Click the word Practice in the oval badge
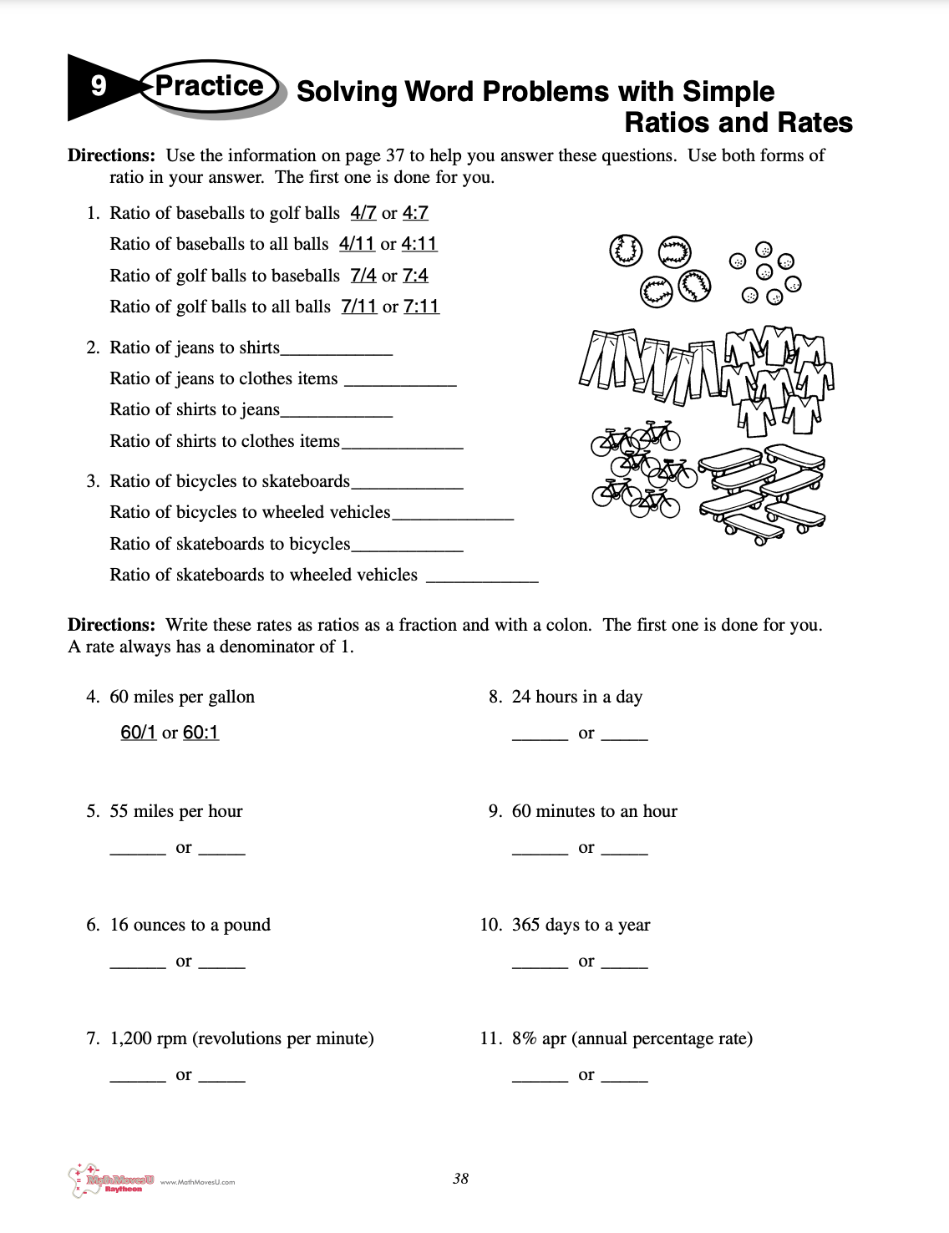(x=209, y=86)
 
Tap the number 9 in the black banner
(x=99, y=86)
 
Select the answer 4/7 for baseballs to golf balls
(x=363, y=213)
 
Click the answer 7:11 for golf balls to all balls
(x=421, y=307)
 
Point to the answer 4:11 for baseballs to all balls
(x=419, y=244)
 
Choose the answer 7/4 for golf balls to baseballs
(x=363, y=276)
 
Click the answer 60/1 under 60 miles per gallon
(x=138, y=733)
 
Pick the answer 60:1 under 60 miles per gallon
(x=200, y=733)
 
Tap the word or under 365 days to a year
(x=586, y=962)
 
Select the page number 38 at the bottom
(x=460, y=1179)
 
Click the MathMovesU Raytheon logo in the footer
(x=110, y=1181)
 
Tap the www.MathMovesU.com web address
(x=197, y=1182)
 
